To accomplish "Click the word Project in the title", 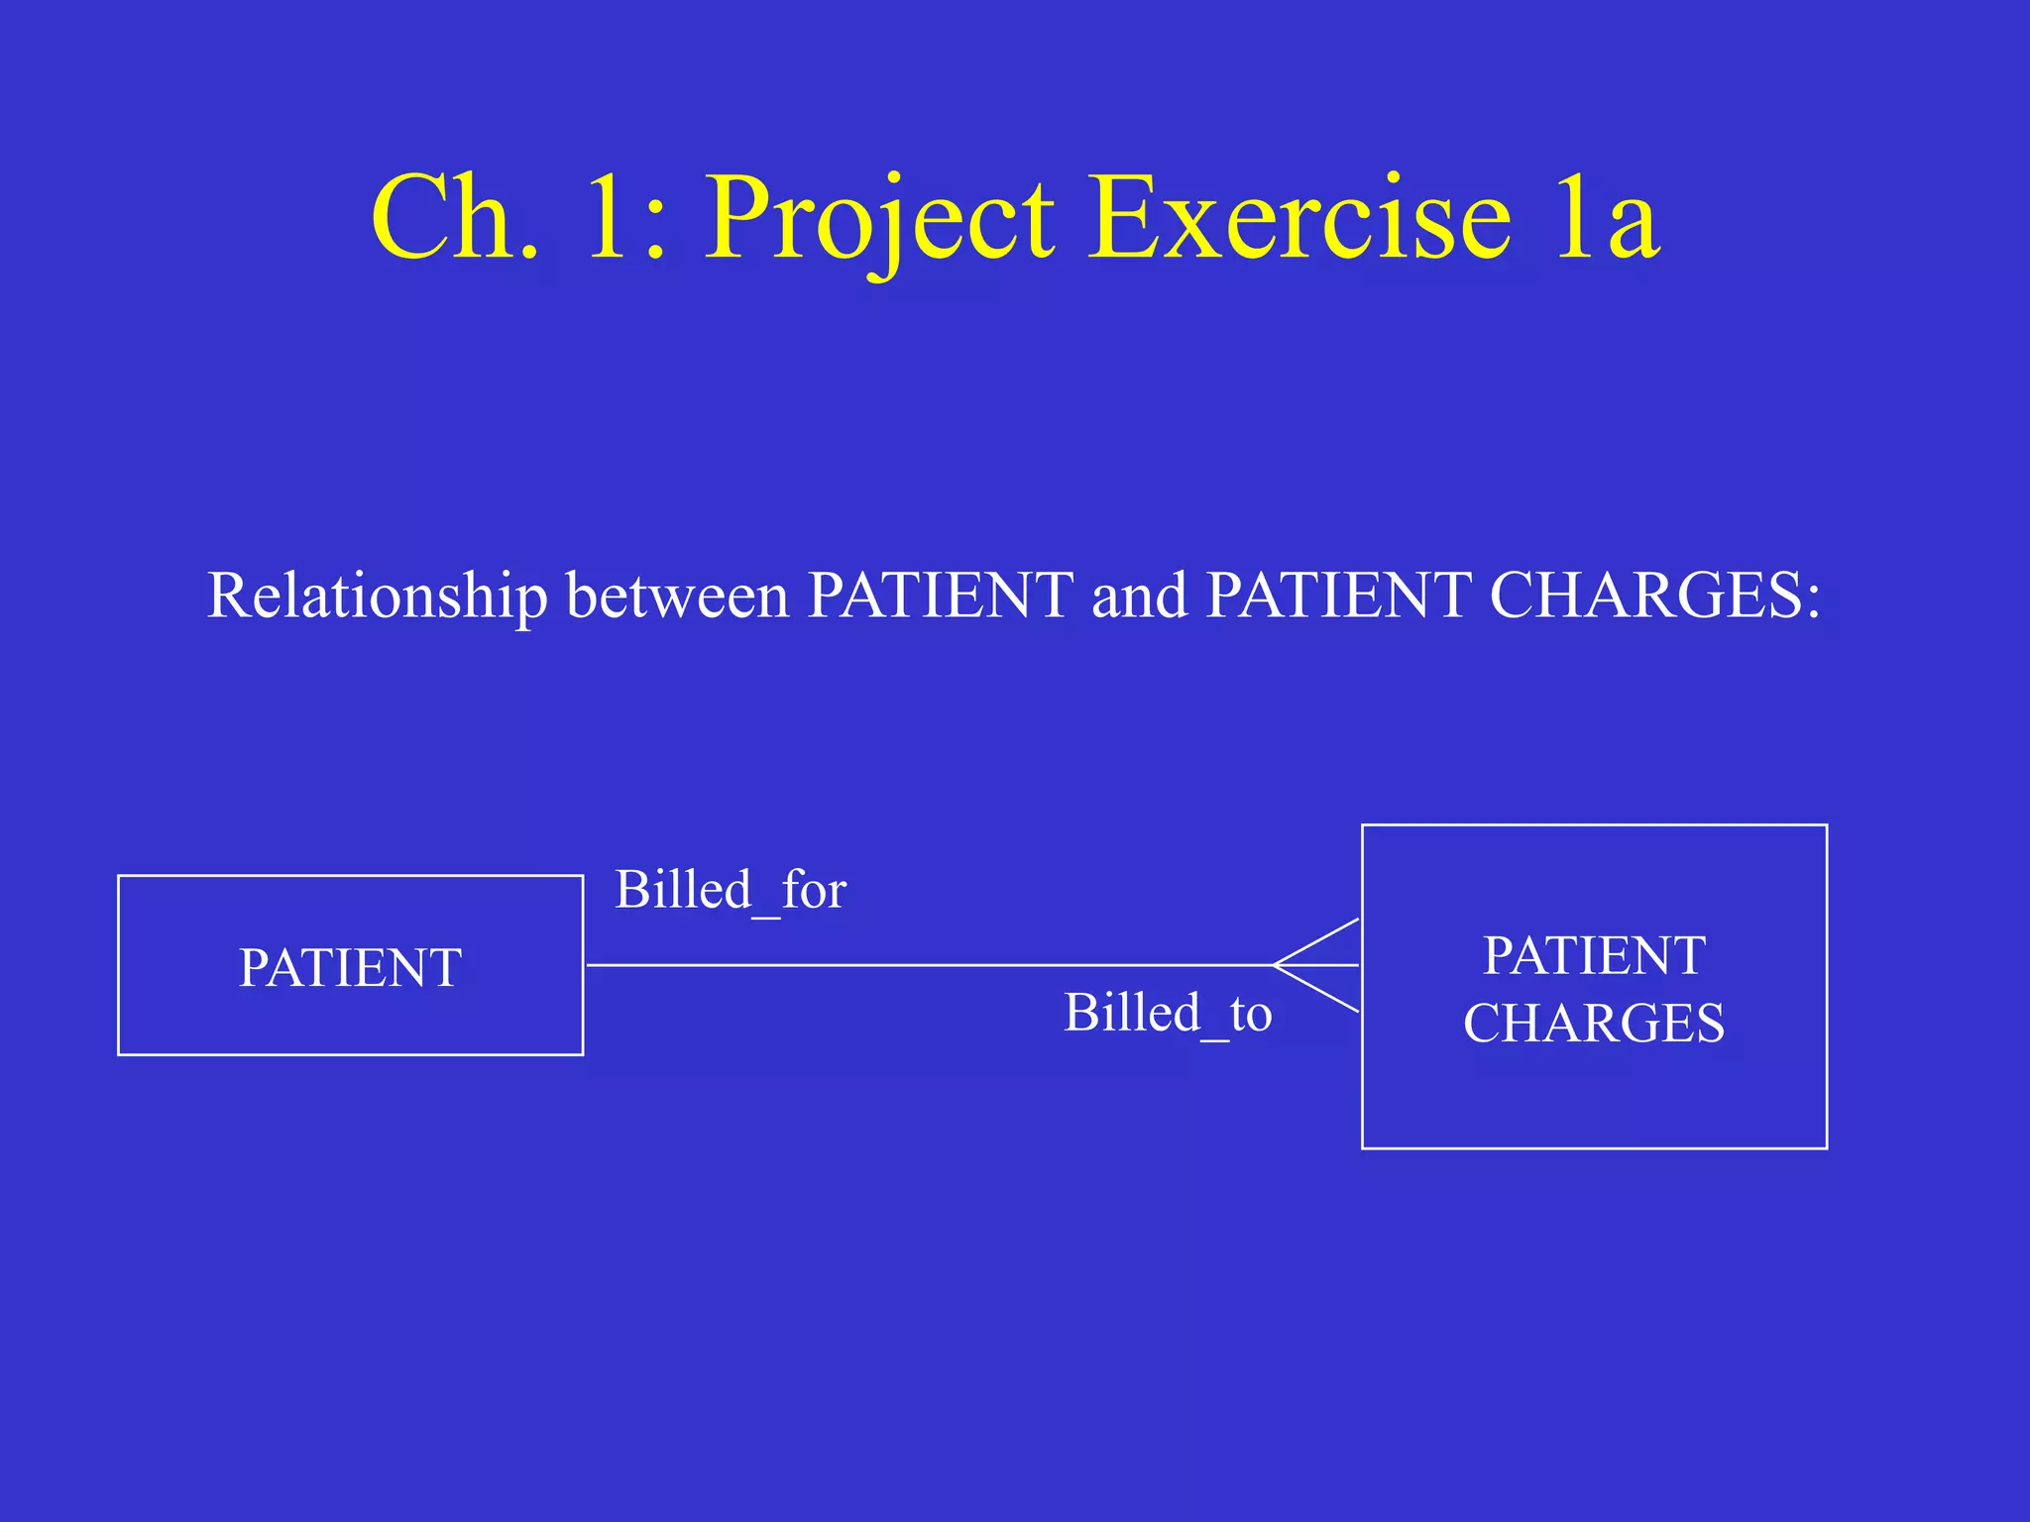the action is coord(879,220).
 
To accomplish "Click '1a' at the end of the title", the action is coord(1607,220).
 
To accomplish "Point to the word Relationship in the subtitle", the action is coord(377,597).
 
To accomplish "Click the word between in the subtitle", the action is coord(677,597).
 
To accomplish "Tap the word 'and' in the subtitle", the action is coord(1139,597).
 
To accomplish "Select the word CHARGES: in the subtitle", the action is coord(1655,597).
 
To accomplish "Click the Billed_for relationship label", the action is coord(731,890).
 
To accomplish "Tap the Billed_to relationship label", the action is coord(1168,1014).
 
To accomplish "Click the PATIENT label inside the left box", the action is coord(350,968).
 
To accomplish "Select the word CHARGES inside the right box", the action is coord(1594,1024).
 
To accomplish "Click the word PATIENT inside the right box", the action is coord(1594,956).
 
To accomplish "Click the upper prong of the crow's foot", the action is coord(1318,941).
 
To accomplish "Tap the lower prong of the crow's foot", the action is coord(1318,989).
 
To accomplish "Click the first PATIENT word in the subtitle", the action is coord(940,597).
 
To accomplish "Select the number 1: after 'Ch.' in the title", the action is coord(624,220).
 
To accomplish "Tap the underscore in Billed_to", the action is coord(1215,1035).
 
